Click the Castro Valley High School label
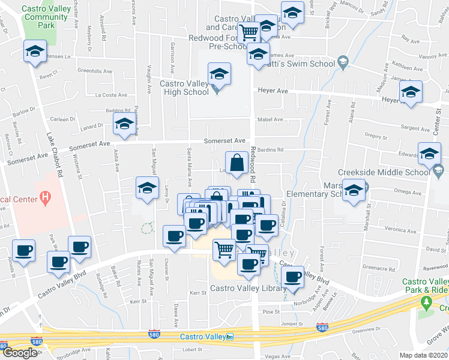pos(184,88)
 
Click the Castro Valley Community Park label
pos(46,17)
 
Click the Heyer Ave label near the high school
pos(273,91)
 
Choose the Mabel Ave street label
pos(270,119)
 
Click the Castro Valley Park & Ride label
pos(425,286)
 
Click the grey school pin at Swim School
pos(342,62)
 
